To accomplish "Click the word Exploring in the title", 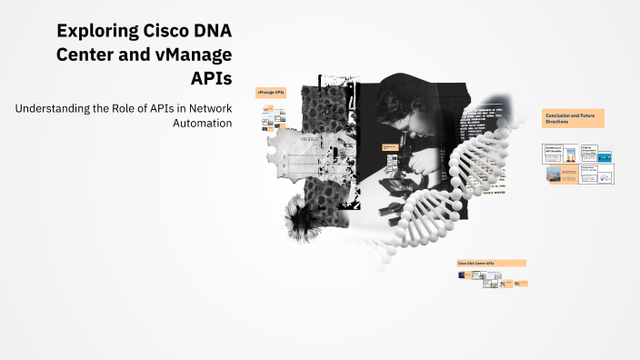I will coord(93,30).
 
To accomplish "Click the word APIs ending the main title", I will coord(211,75).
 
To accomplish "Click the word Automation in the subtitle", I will coord(202,124).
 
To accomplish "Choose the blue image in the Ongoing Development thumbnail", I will coord(604,157).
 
